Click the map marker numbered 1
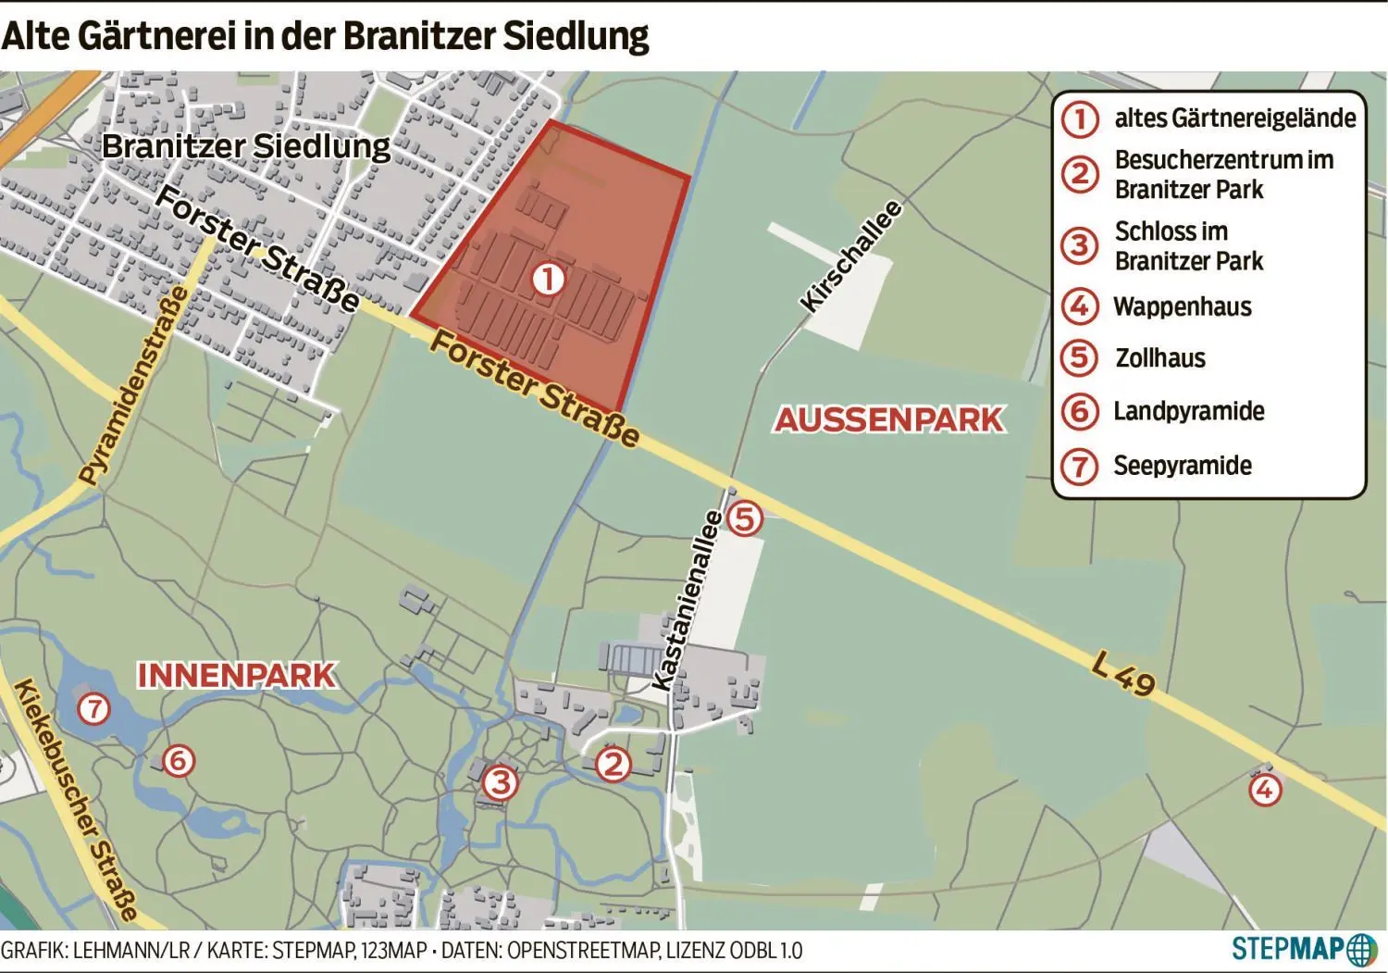pyautogui.click(x=548, y=278)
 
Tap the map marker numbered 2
pyautogui.click(x=612, y=765)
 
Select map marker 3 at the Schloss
pyautogui.click(x=500, y=783)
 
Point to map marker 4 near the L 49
pyautogui.click(x=1264, y=790)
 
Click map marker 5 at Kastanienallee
pyautogui.click(x=745, y=518)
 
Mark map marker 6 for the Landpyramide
pyautogui.click(x=178, y=761)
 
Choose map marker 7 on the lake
pyautogui.click(x=93, y=709)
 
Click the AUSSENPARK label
pyautogui.click(x=888, y=419)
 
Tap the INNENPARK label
pyautogui.click(x=237, y=676)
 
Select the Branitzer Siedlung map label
pyautogui.click(x=246, y=146)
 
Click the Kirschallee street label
pyautogui.click(x=850, y=256)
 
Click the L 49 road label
pyautogui.click(x=1123, y=673)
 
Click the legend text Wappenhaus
pyautogui.click(x=1182, y=306)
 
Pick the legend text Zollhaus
pyautogui.click(x=1159, y=358)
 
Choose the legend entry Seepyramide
pyautogui.click(x=1182, y=466)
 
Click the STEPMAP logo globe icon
pyautogui.click(x=1361, y=950)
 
